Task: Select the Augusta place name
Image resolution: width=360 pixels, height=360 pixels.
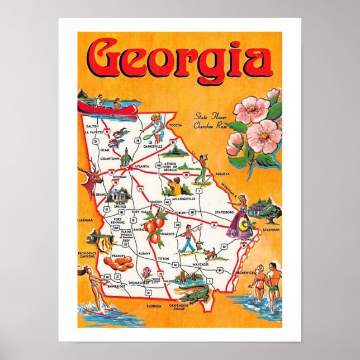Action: point(220,174)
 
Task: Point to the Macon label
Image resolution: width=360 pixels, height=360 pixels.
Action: point(156,201)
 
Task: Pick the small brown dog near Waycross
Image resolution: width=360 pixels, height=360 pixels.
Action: point(210,254)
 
